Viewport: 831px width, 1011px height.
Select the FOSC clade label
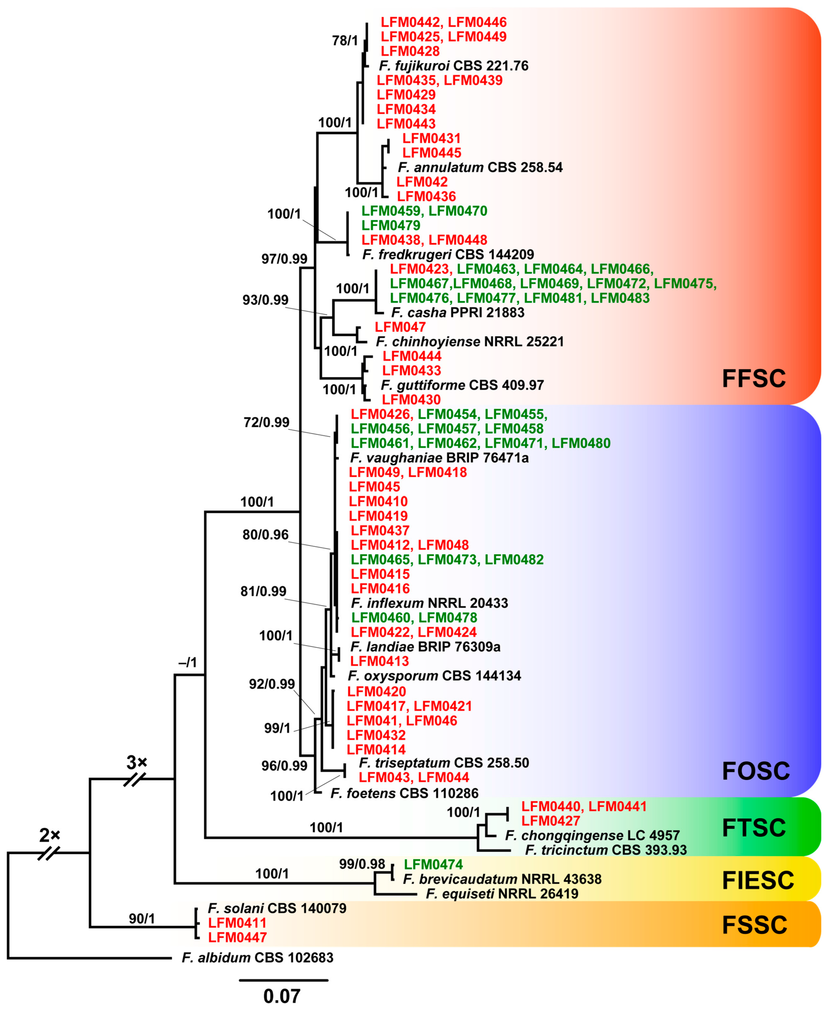(x=755, y=771)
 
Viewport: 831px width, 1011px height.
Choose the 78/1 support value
(x=345, y=41)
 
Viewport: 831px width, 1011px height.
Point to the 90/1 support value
(x=142, y=918)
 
